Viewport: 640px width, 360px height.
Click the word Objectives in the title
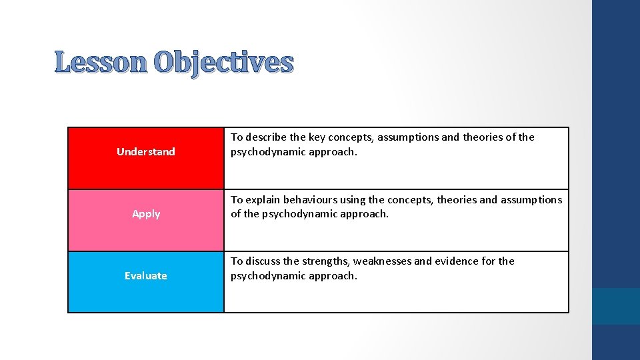coord(223,63)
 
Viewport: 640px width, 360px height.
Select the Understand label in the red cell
coord(146,152)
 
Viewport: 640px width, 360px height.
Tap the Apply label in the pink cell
coord(146,214)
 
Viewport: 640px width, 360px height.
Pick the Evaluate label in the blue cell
coord(146,276)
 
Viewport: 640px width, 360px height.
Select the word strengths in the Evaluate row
coord(325,261)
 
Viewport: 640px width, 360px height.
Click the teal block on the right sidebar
coord(616,306)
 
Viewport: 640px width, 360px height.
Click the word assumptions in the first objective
coord(408,137)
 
